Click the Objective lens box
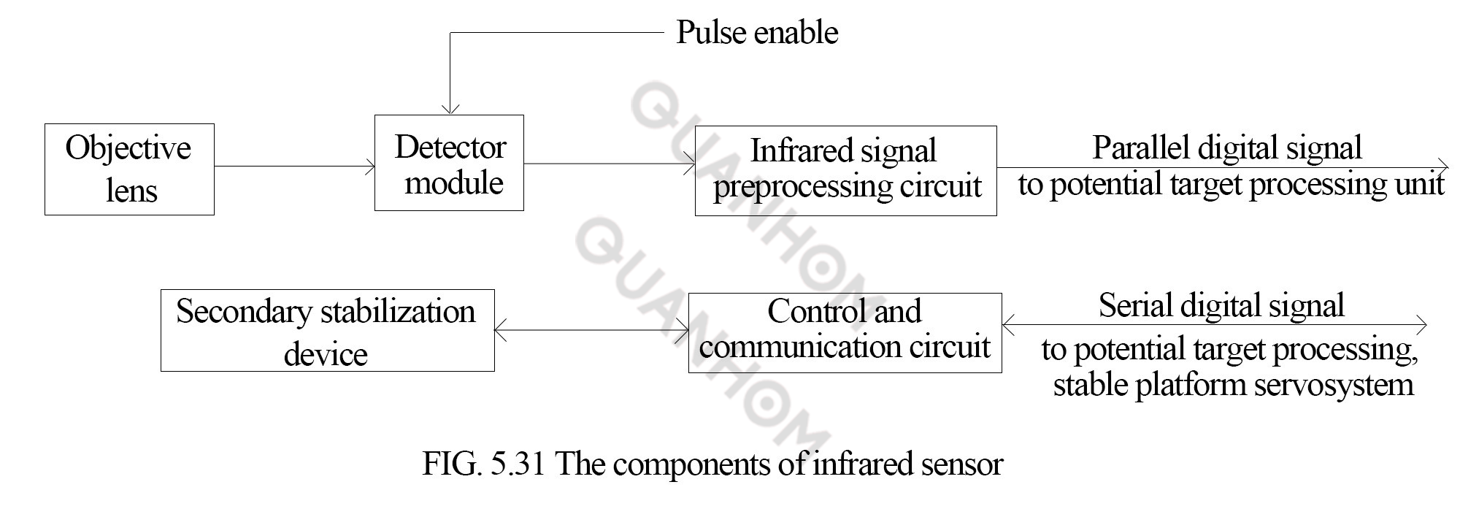click(x=129, y=169)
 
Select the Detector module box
click(x=449, y=163)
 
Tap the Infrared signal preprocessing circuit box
click(x=845, y=171)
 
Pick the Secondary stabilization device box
click(x=327, y=330)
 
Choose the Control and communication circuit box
click(x=845, y=333)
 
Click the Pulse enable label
click(x=757, y=33)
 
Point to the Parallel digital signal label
click(x=1226, y=148)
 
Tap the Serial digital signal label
click(x=1221, y=305)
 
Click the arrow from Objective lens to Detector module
click(x=294, y=167)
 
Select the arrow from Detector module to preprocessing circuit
click(x=610, y=163)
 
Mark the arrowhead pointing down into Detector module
click(x=450, y=108)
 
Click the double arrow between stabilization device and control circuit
click(x=591, y=331)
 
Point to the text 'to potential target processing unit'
click(x=1231, y=184)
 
